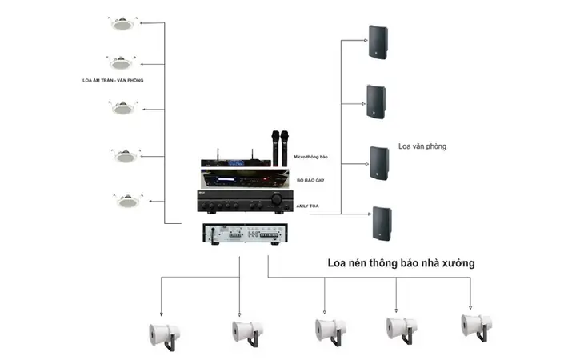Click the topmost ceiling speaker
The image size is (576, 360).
tap(123, 24)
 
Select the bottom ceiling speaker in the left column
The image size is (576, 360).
tap(126, 199)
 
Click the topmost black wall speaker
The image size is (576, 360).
tap(378, 42)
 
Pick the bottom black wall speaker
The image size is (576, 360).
tap(382, 223)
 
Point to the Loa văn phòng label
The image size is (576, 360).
tap(422, 146)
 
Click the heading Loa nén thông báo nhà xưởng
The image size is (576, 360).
tap(400, 262)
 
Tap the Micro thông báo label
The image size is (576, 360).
tap(311, 158)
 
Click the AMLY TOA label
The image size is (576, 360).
tap(307, 205)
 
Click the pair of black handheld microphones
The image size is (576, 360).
tap(279, 146)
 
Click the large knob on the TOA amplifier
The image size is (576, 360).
tap(277, 199)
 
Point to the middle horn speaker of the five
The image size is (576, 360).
tap(330, 330)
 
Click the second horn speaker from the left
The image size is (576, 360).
tap(247, 331)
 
